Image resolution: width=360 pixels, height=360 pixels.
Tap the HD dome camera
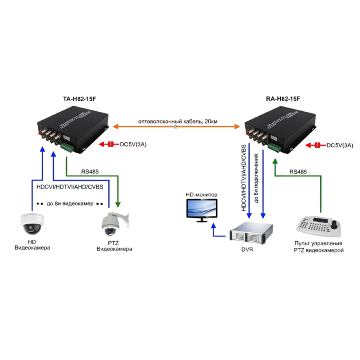coord(32,223)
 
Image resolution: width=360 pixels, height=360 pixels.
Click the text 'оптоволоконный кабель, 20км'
coord(178,121)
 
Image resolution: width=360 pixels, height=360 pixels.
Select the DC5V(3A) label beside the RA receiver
coord(340,145)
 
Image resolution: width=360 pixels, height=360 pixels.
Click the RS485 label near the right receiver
coord(298,172)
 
